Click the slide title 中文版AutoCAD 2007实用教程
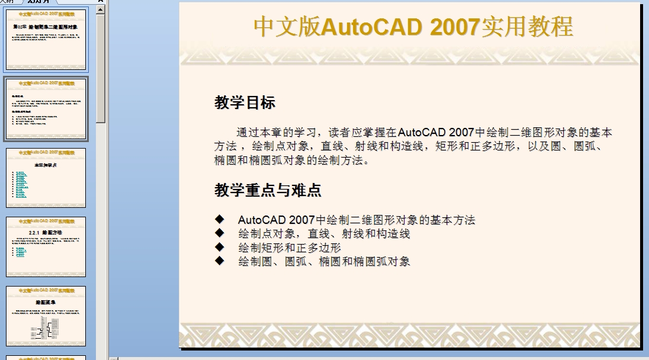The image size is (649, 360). click(413, 27)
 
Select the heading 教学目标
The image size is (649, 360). click(245, 103)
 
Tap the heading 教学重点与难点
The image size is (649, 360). click(268, 190)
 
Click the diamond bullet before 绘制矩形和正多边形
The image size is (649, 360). click(220, 247)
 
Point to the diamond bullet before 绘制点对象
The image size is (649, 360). click(220, 234)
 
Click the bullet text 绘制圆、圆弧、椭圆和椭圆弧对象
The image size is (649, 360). click(324, 261)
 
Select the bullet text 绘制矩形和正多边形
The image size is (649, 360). click(290, 247)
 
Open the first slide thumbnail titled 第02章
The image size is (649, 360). click(46, 40)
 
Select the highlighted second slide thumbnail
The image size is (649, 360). click(46, 108)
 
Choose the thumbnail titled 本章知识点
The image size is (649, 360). click(46, 178)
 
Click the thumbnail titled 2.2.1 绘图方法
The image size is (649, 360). click(46, 246)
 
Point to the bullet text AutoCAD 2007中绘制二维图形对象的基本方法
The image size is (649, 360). click(356, 220)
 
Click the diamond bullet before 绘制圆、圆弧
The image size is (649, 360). click(220, 261)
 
